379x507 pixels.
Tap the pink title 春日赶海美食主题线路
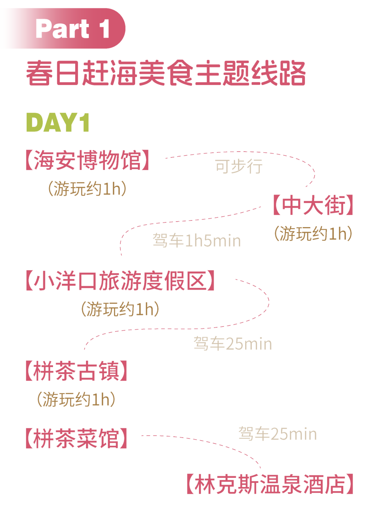[x=166, y=74]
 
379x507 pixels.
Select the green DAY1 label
[x=58, y=123]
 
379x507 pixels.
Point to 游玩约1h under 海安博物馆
[x=87, y=189]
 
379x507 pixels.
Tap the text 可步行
[x=239, y=166]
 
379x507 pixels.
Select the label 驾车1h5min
[x=197, y=241]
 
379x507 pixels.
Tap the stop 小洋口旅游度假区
[x=120, y=281]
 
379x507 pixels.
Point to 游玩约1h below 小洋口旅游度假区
[x=120, y=309]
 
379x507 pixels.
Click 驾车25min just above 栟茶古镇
[x=233, y=343]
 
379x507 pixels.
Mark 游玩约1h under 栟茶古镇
[x=76, y=400]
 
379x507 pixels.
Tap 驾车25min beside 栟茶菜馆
[x=278, y=434]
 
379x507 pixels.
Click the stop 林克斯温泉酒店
[x=270, y=484]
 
